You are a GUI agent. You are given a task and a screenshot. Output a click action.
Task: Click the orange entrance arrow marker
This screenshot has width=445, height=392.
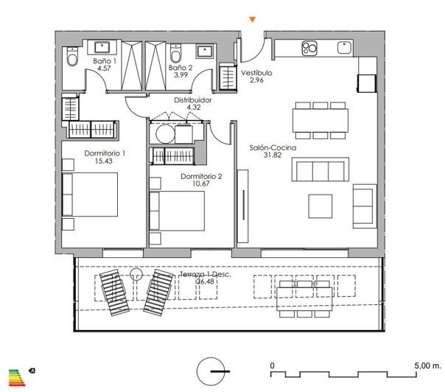(x=253, y=19)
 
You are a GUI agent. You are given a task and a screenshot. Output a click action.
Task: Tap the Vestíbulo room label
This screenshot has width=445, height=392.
(x=256, y=74)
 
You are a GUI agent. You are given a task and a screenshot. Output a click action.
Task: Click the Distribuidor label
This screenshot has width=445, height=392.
(x=193, y=99)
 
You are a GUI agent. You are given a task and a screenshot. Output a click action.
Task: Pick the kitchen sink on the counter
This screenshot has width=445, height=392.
(x=344, y=48)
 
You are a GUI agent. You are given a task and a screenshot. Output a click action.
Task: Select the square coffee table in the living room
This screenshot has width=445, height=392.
(x=320, y=204)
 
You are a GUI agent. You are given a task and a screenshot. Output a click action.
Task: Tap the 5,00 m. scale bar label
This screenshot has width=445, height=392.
(x=427, y=365)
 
